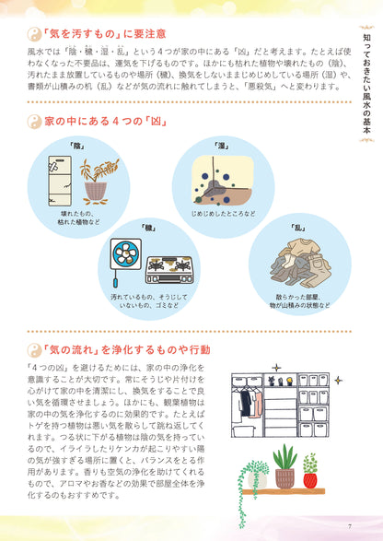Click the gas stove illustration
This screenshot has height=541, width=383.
pyautogui.click(x=168, y=267)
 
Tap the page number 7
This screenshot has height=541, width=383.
pyautogui.click(x=350, y=526)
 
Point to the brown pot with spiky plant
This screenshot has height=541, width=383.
pyautogui.click(x=285, y=476)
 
